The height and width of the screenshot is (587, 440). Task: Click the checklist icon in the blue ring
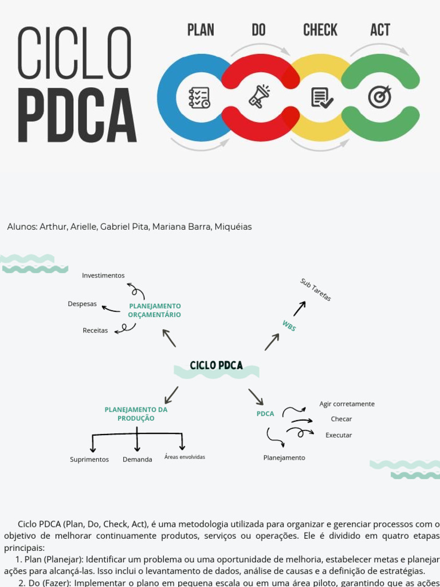pos(199,97)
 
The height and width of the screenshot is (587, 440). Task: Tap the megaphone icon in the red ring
pos(259,96)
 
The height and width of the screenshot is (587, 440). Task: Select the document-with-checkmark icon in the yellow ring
pos(321,97)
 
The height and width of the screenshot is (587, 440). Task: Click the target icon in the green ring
pos(380,96)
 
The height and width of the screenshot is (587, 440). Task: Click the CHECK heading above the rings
pos(320,30)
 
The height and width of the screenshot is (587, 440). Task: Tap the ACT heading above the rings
pos(380,30)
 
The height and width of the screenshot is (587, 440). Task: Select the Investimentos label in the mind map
pos(103,276)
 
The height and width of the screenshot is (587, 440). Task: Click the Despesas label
pos(82,304)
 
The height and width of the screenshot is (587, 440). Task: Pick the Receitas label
pos(95,331)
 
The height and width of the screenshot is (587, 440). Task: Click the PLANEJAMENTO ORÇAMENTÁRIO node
pos(155,310)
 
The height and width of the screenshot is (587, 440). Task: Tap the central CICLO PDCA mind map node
pos(216,366)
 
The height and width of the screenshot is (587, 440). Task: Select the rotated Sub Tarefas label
pos(316,289)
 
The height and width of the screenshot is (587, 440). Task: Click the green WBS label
pos(289,326)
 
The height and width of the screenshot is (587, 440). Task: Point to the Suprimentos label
pos(89,460)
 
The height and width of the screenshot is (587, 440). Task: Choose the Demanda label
pos(137,460)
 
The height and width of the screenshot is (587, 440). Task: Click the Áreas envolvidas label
pos(184,457)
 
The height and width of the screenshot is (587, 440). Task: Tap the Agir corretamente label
pos(347,404)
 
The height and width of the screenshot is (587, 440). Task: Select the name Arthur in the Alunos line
pos(53,227)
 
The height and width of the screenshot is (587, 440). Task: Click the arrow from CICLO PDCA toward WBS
pos(272,342)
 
